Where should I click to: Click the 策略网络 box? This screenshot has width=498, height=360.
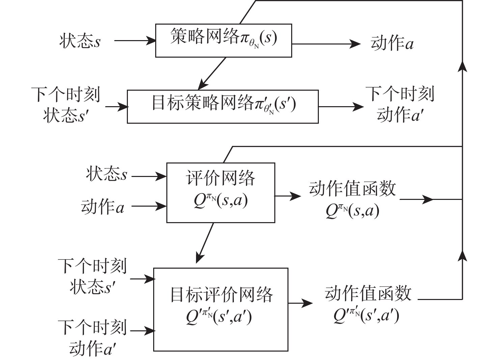[x=223, y=40]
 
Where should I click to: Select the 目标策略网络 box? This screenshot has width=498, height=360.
[x=223, y=107]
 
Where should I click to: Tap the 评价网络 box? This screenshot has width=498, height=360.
[x=221, y=192]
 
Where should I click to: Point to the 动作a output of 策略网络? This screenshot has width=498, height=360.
[x=392, y=44]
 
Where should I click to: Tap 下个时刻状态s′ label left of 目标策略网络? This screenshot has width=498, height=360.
[x=66, y=104]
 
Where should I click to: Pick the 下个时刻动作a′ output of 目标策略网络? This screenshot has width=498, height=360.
[x=400, y=104]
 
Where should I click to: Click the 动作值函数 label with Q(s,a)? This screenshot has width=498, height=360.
[x=352, y=199]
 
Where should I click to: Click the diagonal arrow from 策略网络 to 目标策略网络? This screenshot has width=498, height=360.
[x=212, y=73]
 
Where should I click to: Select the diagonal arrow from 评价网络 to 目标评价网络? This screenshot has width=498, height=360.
[x=205, y=243]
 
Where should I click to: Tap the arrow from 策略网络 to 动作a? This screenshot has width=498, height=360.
[x=326, y=44]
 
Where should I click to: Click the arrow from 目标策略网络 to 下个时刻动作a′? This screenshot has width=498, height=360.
[x=341, y=107]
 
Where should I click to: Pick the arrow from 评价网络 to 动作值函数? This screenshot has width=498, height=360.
[x=288, y=196]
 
